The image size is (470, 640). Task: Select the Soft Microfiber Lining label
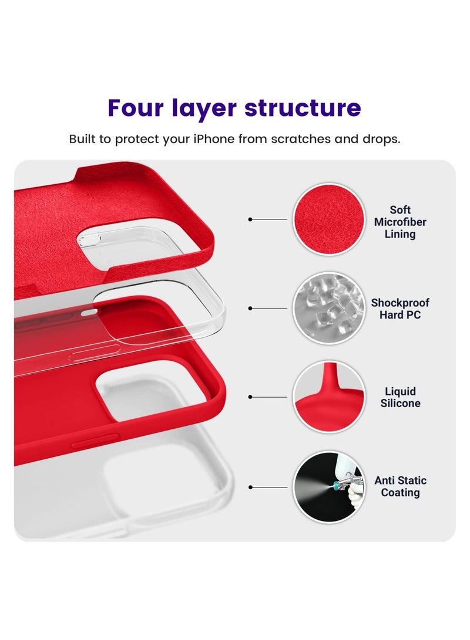point(400,222)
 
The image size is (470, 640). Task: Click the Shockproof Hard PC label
point(400,309)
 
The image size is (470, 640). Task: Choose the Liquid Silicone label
point(400,397)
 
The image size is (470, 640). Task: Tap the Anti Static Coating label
point(400,486)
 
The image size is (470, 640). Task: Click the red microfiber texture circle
point(328,219)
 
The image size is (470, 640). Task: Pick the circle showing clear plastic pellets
point(328,308)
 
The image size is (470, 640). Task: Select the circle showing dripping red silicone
point(328,397)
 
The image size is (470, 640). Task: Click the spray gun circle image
point(328,486)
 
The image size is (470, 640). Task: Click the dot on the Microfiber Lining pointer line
point(250,219)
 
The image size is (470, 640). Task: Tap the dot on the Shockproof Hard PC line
point(250,308)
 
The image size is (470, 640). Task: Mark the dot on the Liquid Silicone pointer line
point(250,397)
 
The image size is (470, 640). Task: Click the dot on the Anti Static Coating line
point(250,487)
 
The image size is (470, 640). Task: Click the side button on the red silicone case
point(94,440)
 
